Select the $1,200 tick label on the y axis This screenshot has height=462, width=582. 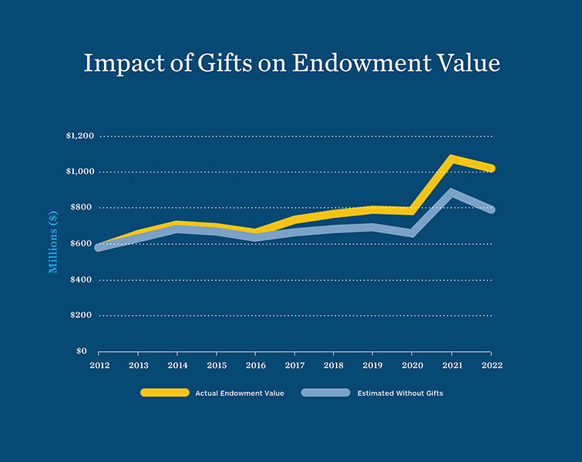click(x=79, y=136)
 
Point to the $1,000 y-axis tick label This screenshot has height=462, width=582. click(x=79, y=172)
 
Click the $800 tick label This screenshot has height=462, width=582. click(x=82, y=208)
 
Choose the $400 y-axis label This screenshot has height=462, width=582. click(x=82, y=280)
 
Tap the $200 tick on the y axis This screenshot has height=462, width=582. click(x=82, y=316)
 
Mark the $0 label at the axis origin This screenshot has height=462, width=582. click(x=87, y=351)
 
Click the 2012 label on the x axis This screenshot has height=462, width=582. click(x=99, y=365)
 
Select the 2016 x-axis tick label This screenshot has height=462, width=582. click(x=255, y=365)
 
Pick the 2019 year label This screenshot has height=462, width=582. click(x=373, y=365)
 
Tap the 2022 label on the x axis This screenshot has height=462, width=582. click(x=491, y=365)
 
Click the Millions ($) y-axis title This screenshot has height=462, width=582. click(x=53, y=243)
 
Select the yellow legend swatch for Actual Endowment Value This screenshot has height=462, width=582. click(x=164, y=393)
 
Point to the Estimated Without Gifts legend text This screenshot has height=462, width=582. click(x=400, y=393)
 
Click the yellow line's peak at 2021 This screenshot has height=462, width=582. click(x=452, y=159)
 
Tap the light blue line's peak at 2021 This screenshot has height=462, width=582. click(x=452, y=192)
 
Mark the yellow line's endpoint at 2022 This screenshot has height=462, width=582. click(x=490, y=168)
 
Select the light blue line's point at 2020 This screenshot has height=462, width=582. click(x=412, y=233)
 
